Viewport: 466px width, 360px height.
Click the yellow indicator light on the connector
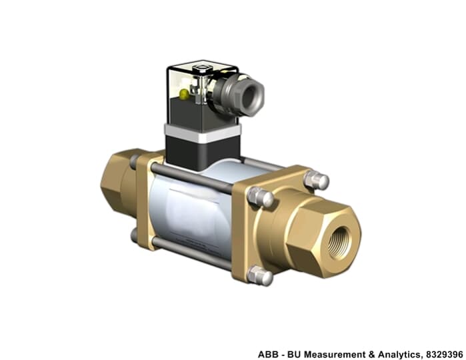point(184,94)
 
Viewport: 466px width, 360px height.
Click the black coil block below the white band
point(203,153)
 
